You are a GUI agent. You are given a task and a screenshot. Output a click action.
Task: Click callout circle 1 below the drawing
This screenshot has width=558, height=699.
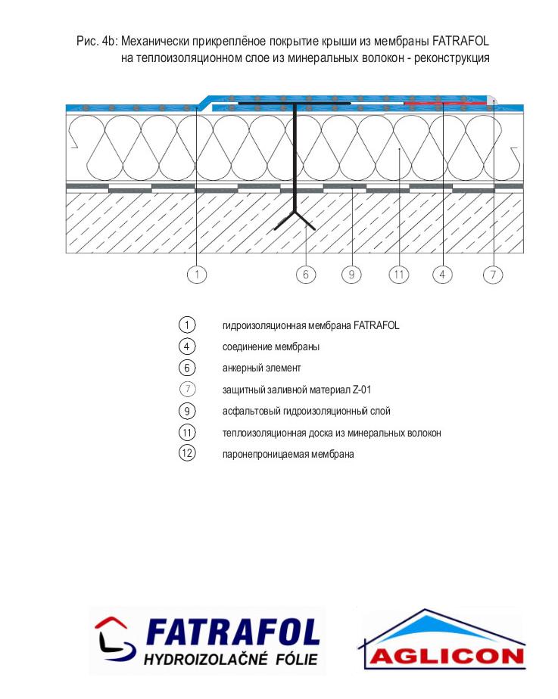pyautogui.click(x=197, y=274)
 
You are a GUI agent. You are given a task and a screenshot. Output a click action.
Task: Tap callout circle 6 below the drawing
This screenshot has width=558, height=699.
pyautogui.click(x=306, y=274)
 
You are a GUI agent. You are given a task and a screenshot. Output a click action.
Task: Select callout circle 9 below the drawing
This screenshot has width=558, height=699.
pyautogui.click(x=351, y=274)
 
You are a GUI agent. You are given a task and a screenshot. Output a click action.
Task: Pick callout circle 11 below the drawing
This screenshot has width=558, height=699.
pyautogui.click(x=399, y=274)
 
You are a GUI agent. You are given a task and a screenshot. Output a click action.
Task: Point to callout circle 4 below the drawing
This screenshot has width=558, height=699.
pyautogui.click(x=442, y=274)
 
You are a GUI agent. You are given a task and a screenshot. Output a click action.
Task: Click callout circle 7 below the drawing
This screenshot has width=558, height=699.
pyautogui.click(x=493, y=274)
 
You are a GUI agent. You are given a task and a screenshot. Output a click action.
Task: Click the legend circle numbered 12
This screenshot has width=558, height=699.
pyautogui.click(x=187, y=453)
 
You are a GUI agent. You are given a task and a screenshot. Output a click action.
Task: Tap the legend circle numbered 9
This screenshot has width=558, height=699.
pyautogui.click(x=187, y=411)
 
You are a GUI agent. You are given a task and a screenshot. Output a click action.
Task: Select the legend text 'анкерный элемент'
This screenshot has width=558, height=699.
pyautogui.click(x=261, y=368)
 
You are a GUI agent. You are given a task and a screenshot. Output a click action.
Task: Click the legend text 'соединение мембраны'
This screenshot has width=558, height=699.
pyautogui.click(x=271, y=346)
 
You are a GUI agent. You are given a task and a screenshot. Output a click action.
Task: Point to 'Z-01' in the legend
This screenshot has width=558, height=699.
pyautogui.click(x=362, y=390)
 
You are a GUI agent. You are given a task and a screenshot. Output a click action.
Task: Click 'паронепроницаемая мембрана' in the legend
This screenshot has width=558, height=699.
pyautogui.click(x=288, y=454)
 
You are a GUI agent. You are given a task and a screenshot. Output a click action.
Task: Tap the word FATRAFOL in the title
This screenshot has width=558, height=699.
pyautogui.click(x=461, y=42)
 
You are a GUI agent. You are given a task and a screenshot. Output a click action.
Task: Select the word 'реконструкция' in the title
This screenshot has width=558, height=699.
pyautogui.click(x=452, y=58)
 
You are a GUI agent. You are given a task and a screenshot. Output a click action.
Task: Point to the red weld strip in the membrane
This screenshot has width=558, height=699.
pyautogui.click(x=444, y=104)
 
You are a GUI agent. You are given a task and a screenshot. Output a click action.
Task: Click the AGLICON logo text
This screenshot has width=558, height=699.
pyautogui.click(x=447, y=656)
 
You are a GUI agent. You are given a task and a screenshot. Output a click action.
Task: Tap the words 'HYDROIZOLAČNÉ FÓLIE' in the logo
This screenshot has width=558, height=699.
pyautogui.click(x=231, y=659)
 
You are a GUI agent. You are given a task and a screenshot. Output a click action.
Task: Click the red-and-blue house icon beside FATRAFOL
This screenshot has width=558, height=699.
pyautogui.click(x=114, y=640)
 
